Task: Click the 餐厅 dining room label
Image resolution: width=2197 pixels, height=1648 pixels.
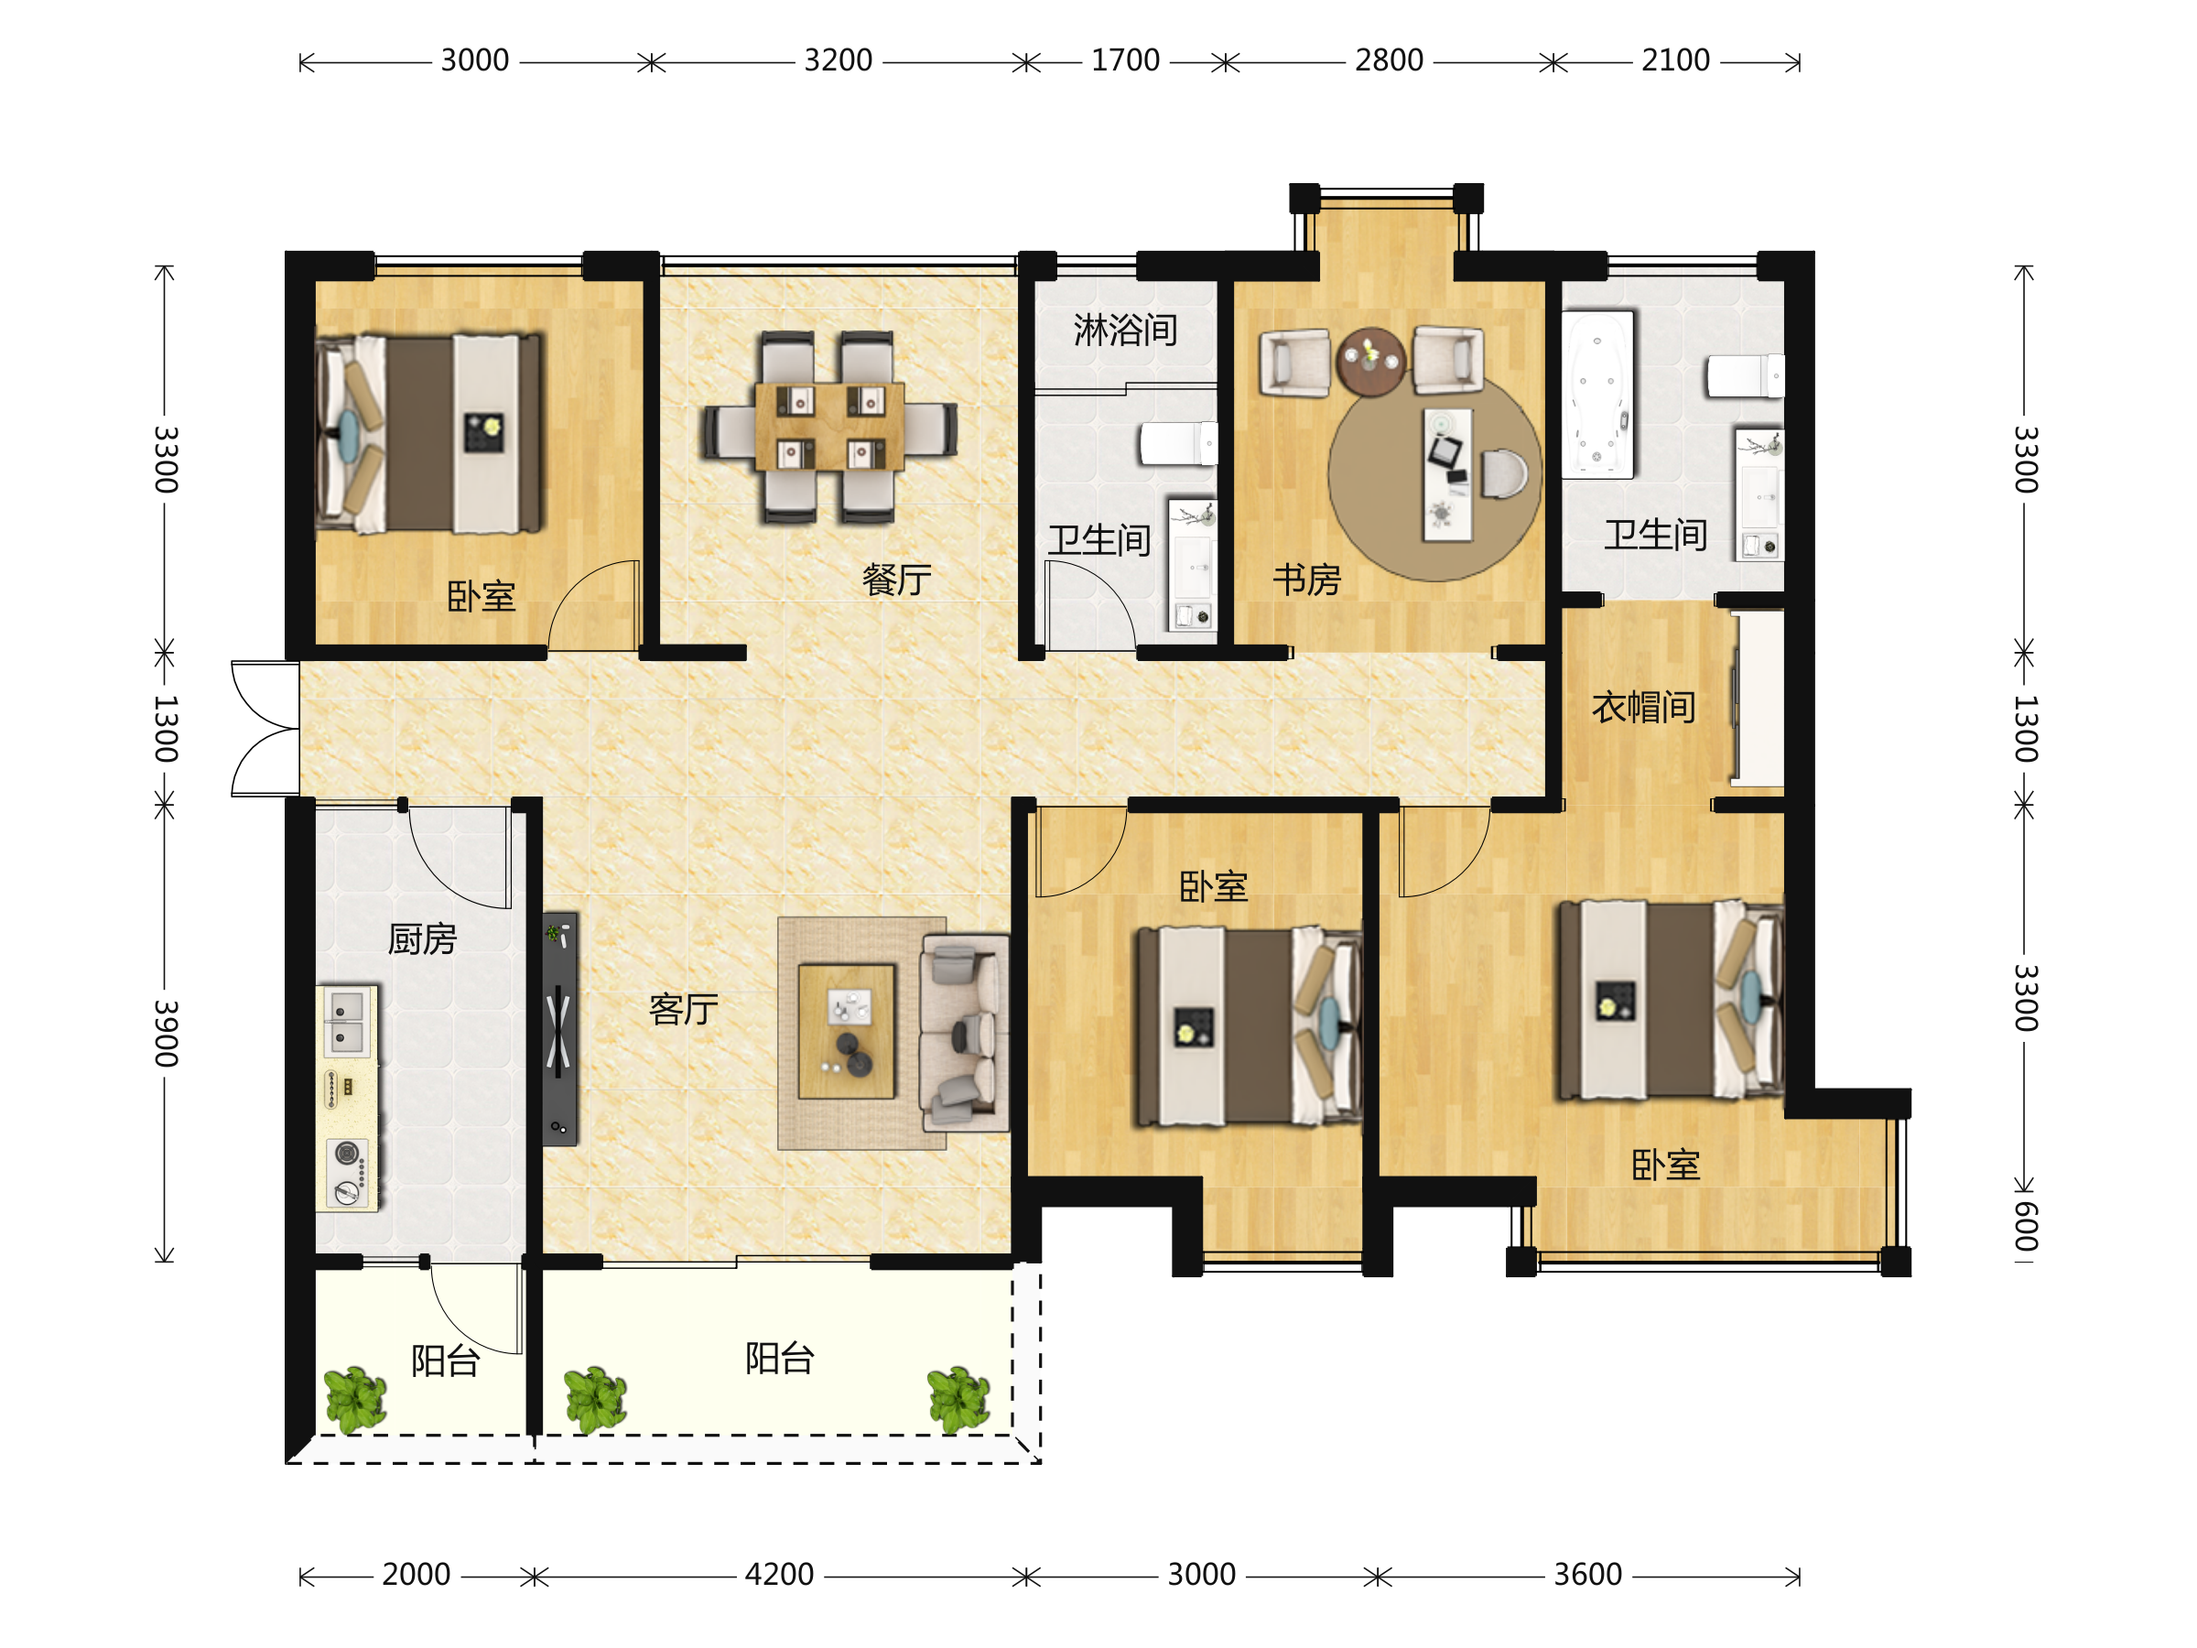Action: pos(897,580)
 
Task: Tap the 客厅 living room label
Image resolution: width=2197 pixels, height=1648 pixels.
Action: pos(683,1009)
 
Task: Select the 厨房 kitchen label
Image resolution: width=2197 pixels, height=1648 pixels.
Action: pos(422,938)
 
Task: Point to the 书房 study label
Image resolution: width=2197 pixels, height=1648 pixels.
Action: pos(1307,580)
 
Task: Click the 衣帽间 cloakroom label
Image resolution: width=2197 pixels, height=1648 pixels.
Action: pos(1644,708)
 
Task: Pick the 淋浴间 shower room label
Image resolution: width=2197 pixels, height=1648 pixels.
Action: pos(1125,330)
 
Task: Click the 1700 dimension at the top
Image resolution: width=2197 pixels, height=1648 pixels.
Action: pos(1125,60)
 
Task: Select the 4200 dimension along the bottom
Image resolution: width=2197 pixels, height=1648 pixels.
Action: pos(780,1575)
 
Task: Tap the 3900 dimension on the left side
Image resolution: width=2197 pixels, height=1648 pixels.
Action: pos(166,1033)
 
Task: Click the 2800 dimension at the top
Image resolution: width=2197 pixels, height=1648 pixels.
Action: pos(1390,60)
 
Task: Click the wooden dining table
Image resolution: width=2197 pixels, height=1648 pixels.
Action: pos(829,426)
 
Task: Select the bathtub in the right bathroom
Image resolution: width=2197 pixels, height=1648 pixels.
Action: pos(1597,395)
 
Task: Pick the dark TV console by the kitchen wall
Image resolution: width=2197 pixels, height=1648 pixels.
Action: pos(560,1029)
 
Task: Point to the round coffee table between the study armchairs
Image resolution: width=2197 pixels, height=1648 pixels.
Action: pos(1370,362)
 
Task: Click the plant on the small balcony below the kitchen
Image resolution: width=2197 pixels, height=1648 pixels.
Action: pos(355,1400)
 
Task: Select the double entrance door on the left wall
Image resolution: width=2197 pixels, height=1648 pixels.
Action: pos(265,729)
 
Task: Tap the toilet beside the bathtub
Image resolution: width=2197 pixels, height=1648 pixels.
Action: pos(1745,376)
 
